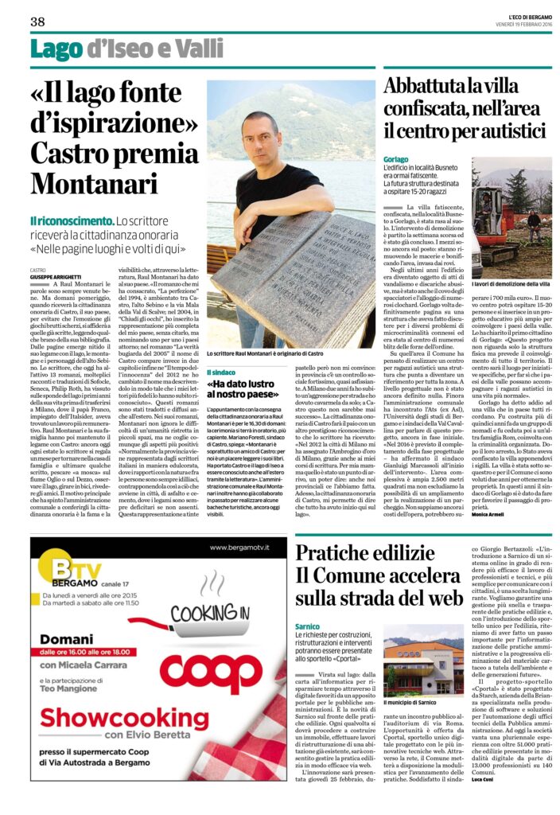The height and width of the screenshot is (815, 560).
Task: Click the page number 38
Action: [37, 21]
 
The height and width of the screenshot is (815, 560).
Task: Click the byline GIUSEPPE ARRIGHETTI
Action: [56, 276]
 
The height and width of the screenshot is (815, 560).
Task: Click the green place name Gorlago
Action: [397, 159]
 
